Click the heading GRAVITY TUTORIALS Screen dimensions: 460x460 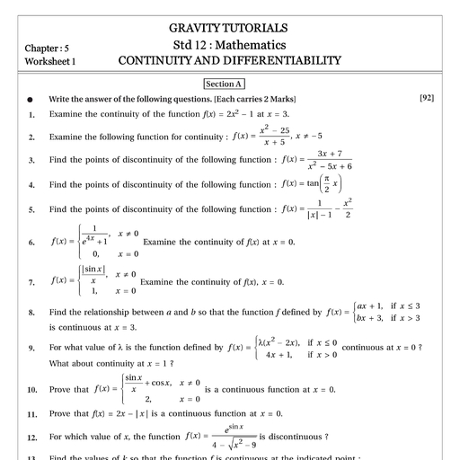[229, 28]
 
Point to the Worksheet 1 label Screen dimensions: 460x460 [51, 61]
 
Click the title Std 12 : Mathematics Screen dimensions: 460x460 [229, 45]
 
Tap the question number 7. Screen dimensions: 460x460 [31, 281]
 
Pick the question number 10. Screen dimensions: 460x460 [31, 390]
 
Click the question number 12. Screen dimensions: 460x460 [31, 437]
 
